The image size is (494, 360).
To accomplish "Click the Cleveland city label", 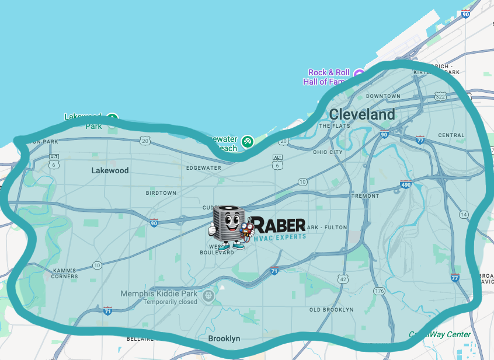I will click(362, 114).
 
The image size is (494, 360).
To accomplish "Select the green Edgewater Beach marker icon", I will click(248, 141).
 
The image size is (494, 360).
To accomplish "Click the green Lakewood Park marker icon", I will click(113, 118).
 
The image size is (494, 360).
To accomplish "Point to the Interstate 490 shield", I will click(405, 185).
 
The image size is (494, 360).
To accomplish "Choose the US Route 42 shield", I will click(342, 279).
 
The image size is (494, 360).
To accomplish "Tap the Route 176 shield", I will click(380, 291).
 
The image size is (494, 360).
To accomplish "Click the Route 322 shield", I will click(440, 96).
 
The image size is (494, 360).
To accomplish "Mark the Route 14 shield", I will click(464, 215).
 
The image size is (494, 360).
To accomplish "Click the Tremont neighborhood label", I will click(366, 196).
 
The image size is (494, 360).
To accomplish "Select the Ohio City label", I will click(328, 152).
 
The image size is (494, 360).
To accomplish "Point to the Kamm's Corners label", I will click(64, 273).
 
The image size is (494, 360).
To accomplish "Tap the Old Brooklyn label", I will click(331, 309).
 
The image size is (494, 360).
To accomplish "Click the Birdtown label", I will click(161, 193).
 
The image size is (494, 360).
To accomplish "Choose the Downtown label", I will click(383, 96).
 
